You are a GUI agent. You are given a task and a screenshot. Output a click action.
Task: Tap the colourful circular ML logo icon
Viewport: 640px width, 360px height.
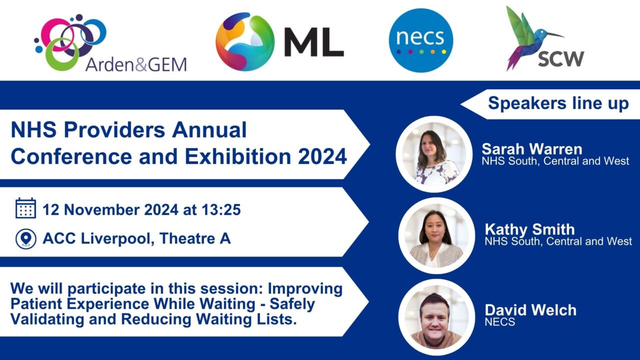245,41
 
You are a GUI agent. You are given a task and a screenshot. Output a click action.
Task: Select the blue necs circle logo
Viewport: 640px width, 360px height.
420,40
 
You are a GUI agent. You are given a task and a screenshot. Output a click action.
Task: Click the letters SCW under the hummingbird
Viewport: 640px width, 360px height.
560,59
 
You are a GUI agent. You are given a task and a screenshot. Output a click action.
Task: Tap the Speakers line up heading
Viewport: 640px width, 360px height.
558,103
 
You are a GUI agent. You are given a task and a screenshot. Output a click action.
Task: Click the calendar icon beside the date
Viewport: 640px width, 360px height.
25,208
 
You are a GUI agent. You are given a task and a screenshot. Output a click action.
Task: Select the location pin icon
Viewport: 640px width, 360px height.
25,238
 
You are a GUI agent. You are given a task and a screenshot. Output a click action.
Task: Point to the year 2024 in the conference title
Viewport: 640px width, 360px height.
322,156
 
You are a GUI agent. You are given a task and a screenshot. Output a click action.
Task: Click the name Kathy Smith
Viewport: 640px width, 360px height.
529,229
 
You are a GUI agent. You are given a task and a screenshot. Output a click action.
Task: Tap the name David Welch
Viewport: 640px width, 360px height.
530,310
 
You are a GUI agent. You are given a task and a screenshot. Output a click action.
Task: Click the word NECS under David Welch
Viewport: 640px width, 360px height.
499,322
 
